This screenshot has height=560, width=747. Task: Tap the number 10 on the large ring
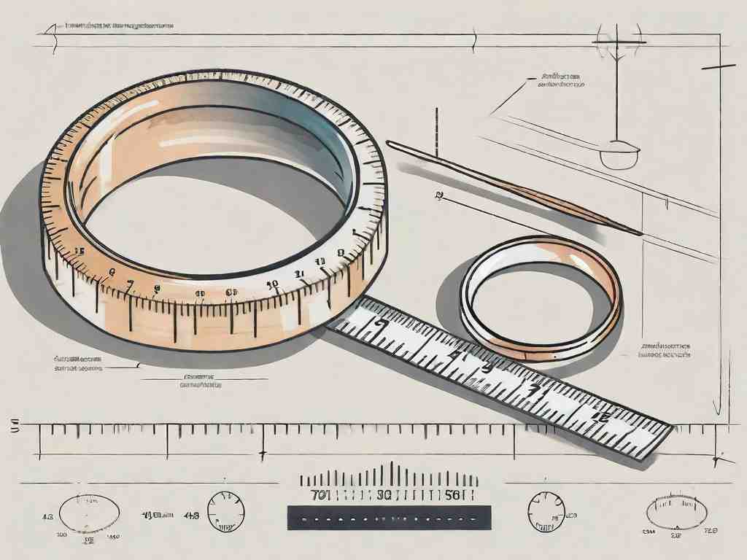click(x=271, y=284)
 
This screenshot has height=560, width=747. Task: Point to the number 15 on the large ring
click(x=78, y=250)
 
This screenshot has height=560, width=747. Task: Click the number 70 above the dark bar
click(x=320, y=495)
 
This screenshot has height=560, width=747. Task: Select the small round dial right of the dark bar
click(x=546, y=510)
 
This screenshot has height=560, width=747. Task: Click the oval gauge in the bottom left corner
click(x=89, y=513)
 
